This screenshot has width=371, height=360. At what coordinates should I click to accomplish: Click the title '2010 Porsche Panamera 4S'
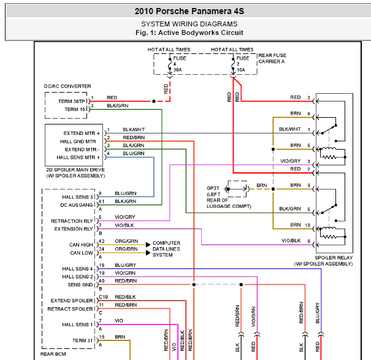[189, 11]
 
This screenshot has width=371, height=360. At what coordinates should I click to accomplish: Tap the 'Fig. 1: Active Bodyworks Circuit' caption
[189, 33]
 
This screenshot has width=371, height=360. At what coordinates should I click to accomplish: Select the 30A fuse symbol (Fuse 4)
[170, 64]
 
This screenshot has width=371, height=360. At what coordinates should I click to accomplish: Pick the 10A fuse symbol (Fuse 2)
[233, 64]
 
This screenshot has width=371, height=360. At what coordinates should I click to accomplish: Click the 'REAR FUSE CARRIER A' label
[272, 58]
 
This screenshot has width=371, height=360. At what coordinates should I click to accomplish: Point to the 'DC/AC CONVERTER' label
[67, 86]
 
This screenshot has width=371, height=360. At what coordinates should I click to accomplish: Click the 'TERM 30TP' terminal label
[72, 101]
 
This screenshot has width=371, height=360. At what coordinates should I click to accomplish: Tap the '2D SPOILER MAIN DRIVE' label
[75, 170]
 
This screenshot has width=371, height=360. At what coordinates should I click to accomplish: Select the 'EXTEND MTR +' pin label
[82, 133]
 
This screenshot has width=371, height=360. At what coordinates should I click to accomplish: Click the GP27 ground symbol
[227, 189]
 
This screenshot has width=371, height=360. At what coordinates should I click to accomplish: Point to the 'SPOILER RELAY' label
[334, 258]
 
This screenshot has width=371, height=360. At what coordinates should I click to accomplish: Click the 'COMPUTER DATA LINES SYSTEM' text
[166, 249]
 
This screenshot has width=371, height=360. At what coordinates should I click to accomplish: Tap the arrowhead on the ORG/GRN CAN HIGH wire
[148, 245]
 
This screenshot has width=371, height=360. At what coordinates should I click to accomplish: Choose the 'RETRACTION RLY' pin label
[72, 221]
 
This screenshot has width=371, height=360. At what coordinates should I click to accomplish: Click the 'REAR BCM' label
[53, 354]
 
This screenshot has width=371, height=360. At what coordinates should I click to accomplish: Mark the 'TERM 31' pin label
[82, 340]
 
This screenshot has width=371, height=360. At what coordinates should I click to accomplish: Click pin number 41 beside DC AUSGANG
[102, 201]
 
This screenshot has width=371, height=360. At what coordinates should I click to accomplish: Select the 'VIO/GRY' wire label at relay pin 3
[290, 161]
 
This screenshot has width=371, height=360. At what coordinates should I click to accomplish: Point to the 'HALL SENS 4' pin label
[77, 269]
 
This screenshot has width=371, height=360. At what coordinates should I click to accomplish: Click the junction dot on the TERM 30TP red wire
[154, 101]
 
